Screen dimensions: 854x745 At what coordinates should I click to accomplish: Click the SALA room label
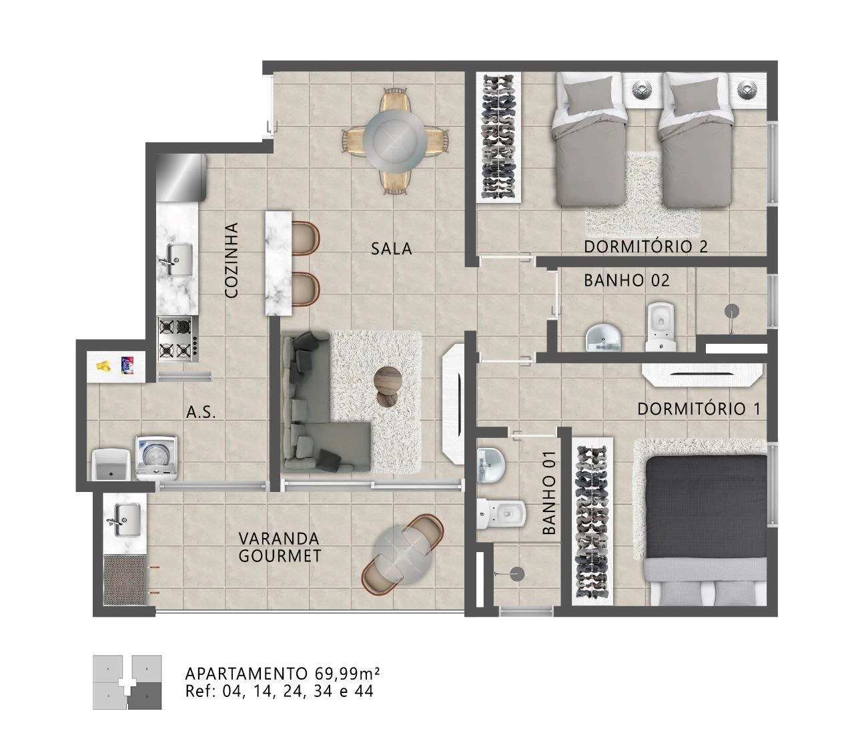coord(391,249)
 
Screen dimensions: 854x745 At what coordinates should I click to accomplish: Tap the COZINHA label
coord(232,260)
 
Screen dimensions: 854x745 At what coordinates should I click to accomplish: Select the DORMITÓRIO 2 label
coord(646,246)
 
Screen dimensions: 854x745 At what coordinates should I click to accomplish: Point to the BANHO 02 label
coord(626,280)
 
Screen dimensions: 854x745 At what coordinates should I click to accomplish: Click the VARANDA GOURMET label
coord(280,547)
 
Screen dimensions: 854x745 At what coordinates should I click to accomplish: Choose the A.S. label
coord(201,413)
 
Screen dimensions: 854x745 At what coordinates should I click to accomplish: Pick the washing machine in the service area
coord(157,458)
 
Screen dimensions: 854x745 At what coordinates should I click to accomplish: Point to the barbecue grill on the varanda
coord(124,579)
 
